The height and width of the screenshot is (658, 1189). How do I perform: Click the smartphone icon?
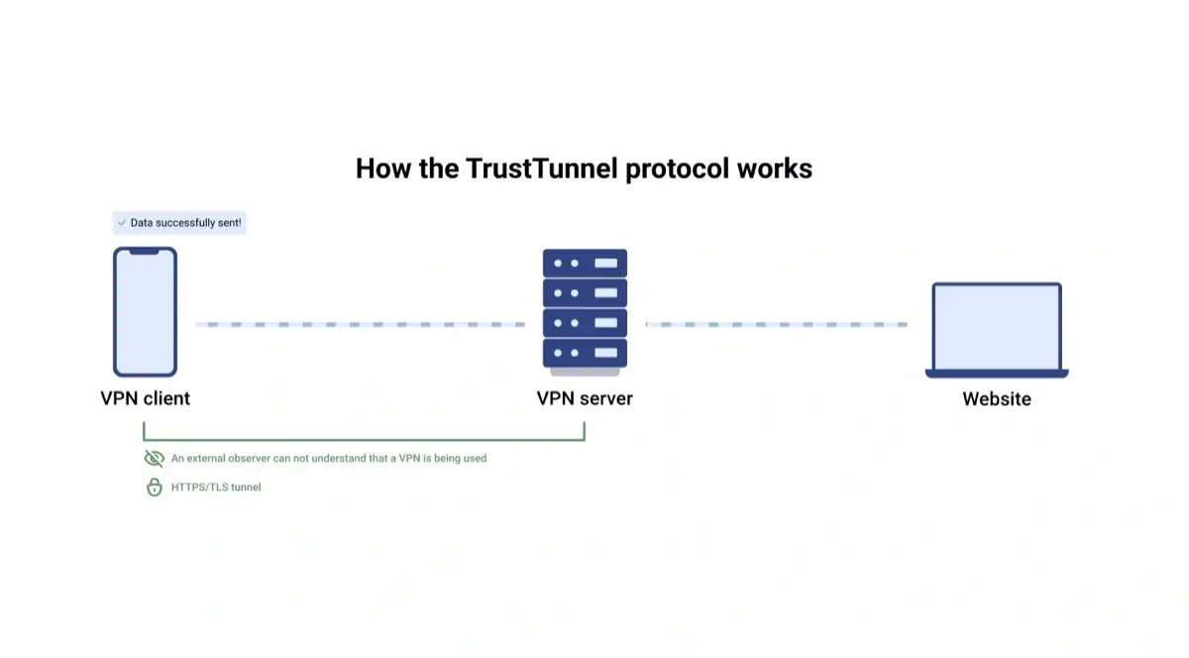pyautogui.click(x=145, y=312)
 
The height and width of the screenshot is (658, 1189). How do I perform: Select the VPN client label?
pyautogui.click(x=145, y=398)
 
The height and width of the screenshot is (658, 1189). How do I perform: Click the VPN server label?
pyautogui.click(x=585, y=398)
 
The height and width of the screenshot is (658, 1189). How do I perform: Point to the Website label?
pyautogui.click(x=997, y=399)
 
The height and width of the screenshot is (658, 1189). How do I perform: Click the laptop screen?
pyautogui.click(x=997, y=326)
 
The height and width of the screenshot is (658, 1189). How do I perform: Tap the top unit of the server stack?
pyautogui.click(x=585, y=263)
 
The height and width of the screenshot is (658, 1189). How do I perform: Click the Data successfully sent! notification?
pyautogui.click(x=178, y=223)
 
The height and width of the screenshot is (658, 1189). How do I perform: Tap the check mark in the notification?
pyautogui.click(x=122, y=223)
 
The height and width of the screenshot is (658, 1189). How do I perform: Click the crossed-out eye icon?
pyautogui.click(x=154, y=459)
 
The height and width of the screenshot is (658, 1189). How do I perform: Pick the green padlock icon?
pyautogui.click(x=154, y=488)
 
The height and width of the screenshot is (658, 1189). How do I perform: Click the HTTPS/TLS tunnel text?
pyautogui.click(x=216, y=488)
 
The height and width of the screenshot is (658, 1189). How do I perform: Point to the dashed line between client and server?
pyautogui.click(x=360, y=324)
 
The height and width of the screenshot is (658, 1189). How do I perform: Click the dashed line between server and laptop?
pyautogui.click(x=776, y=324)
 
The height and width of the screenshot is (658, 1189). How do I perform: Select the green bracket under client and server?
pyautogui.click(x=364, y=438)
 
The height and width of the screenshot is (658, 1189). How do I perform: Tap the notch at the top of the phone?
pyautogui.click(x=145, y=252)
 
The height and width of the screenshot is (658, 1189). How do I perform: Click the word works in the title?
pyautogui.click(x=774, y=168)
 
